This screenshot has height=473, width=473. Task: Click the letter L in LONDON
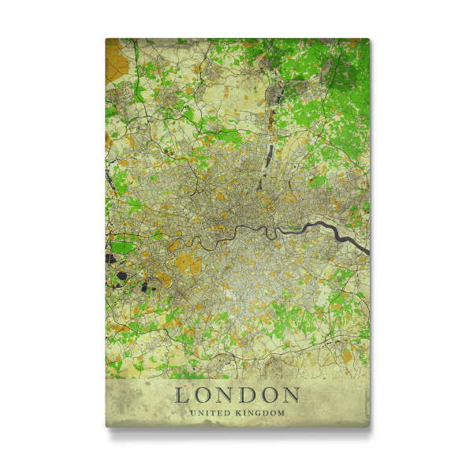click(x=182, y=395)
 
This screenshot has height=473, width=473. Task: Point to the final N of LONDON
click(x=291, y=395)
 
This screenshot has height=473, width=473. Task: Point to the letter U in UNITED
click(x=192, y=412)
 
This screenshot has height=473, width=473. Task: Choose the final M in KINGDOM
click(x=281, y=412)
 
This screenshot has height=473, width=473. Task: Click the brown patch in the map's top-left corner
click(x=117, y=55)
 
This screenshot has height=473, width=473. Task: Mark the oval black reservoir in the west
click(x=123, y=276)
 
